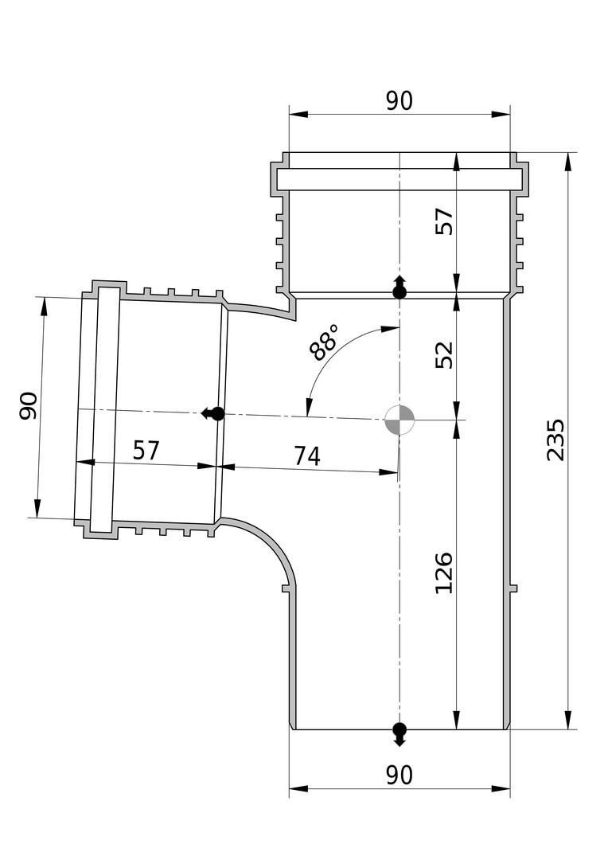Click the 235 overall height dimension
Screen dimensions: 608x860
click(555, 440)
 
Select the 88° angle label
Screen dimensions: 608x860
click(323, 342)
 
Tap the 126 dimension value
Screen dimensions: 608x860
click(443, 573)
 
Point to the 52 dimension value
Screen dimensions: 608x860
click(444, 355)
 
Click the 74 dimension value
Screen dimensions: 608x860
click(307, 455)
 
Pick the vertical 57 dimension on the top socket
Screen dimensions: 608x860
click(444, 221)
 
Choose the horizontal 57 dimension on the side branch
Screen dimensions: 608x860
click(146, 450)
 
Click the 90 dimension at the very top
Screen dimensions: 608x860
click(399, 101)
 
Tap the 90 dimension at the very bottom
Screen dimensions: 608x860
click(399, 776)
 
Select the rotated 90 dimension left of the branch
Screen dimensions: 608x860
click(29, 406)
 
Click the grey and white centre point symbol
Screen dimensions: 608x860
click(399, 420)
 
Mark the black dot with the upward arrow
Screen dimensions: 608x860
click(399, 287)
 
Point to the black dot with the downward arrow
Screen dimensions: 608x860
click(399, 734)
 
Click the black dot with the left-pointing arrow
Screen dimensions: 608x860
click(213, 413)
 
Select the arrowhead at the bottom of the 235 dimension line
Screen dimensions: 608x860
click(568, 720)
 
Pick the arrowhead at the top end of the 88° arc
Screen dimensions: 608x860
click(390, 329)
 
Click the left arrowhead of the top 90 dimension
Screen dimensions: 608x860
click(298, 114)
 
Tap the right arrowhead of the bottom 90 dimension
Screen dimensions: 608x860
click(501, 788)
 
